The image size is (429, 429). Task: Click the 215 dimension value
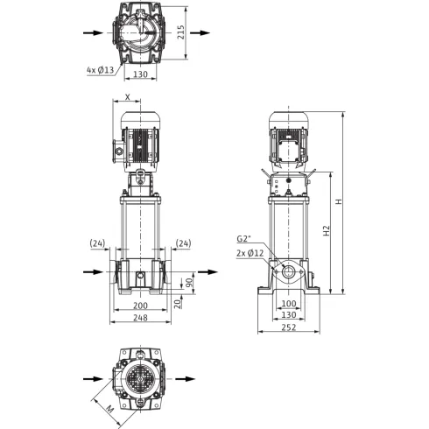(x=181, y=32)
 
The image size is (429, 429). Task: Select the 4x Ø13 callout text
(x=100, y=70)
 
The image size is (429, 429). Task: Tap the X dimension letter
(x=127, y=97)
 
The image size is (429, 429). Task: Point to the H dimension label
(x=339, y=201)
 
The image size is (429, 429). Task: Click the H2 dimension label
(x=327, y=230)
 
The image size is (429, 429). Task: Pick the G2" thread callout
(x=243, y=239)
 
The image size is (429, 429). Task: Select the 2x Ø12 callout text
(x=250, y=253)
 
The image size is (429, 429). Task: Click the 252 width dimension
(x=289, y=327)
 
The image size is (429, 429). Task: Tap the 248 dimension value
(x=140, y=318)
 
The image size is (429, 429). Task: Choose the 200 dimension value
(x=140, y=306)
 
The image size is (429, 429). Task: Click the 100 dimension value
(x=289, y=304)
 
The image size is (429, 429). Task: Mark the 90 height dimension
(x=189, y=282)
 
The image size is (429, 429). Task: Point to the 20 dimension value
(x=178, y=304)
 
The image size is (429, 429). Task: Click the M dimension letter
(x=109, y=409)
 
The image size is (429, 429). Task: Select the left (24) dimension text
(x=97, y=243)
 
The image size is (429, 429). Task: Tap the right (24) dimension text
(x=184, y=243)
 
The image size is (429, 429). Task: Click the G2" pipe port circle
(x=289, y=272)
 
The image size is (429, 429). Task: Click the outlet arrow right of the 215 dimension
(x=200, y=32)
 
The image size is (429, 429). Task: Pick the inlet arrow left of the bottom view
(x=93, y=379)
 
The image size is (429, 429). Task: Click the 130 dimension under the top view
(x=140, y=74)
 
